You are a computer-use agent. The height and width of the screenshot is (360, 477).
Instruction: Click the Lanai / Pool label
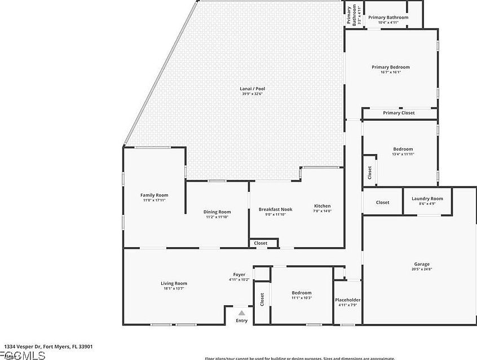coord(251,89)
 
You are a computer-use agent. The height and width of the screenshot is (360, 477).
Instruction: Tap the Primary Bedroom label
coord(390,67)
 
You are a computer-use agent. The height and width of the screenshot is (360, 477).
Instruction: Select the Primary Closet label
coord(399,113)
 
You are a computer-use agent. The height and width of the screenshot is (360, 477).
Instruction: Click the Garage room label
coord(422,264)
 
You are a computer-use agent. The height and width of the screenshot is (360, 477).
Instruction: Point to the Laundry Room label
coord(427,199)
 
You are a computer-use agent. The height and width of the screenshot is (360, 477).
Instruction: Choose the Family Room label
coord(154,195)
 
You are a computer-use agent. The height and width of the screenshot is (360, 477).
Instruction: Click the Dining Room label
coord(217,212)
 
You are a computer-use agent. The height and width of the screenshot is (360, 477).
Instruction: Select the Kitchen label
coord(322,206)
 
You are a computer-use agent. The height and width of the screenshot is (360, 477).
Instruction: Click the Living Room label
coord(174,283)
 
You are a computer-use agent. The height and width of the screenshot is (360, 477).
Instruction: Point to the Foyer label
coord(239,275)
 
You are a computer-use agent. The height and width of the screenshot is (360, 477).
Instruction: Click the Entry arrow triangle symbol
coord(241,313)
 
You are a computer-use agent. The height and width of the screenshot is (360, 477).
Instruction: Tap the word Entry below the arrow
coord(241,321)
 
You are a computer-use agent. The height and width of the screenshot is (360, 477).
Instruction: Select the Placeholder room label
coord(347,300)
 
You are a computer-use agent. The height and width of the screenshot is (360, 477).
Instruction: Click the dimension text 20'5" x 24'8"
coord(422,269)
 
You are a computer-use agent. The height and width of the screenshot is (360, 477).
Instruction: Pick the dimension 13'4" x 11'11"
coord(403,154)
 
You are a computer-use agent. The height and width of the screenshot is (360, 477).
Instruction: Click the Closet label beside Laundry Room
coord(382,202)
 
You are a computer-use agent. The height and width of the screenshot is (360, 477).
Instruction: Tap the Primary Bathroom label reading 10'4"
coord(388,17)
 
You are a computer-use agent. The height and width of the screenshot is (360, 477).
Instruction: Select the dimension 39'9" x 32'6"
coord(251,94)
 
